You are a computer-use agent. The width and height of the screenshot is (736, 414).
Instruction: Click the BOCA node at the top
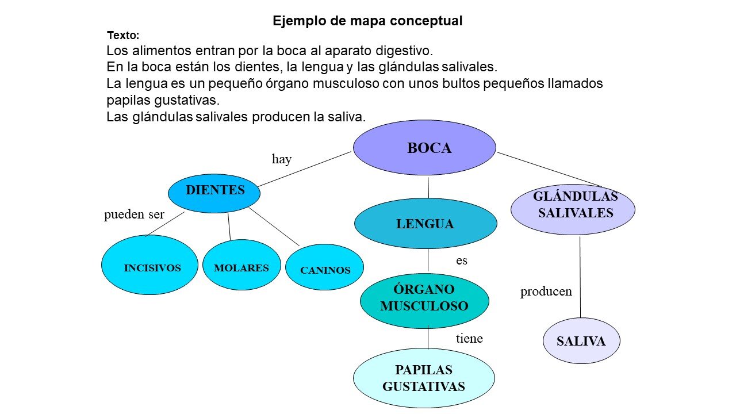point(424,148)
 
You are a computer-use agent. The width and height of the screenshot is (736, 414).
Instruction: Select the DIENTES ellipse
point(214,193)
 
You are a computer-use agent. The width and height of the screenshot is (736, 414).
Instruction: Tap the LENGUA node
point(426,224)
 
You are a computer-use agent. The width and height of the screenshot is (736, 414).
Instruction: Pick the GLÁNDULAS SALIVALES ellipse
point(573,210)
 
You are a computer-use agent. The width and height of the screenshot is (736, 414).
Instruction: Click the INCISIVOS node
point(150,265)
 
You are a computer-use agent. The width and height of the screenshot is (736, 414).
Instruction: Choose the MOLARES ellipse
point(242,265)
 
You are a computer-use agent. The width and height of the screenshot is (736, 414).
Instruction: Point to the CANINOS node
point(325,267)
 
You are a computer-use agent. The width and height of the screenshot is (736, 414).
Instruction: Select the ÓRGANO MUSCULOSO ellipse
point(424,301)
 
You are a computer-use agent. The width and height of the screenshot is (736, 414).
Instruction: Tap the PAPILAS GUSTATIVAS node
point(424,378)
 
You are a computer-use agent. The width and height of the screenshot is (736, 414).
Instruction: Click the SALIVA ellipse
point(581,341)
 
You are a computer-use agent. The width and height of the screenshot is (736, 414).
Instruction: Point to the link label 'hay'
point(282,159)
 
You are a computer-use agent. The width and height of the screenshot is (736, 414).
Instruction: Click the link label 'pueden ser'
point(134,214)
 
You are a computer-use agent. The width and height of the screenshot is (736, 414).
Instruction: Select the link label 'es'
point(462,260)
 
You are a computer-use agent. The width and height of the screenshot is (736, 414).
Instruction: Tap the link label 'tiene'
point(469,338)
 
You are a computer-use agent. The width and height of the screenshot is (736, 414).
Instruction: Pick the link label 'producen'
point(546,292)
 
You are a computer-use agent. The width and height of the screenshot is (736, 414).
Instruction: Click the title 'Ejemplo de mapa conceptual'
point(367,21)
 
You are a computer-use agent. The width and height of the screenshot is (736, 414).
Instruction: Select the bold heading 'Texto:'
point(123,36)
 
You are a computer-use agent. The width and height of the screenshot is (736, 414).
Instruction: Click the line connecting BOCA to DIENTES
point(305,169)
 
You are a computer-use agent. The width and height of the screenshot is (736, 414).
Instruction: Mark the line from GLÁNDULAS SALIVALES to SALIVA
point(580,277)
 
